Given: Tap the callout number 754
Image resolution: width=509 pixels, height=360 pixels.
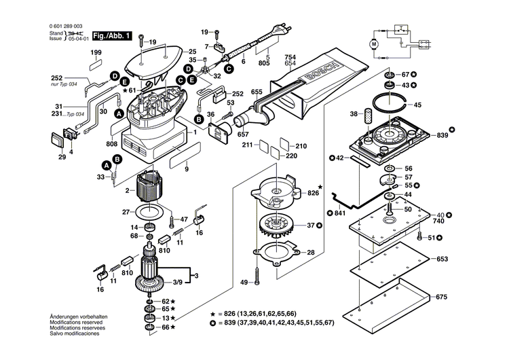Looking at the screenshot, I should click(x=290, y=56).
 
